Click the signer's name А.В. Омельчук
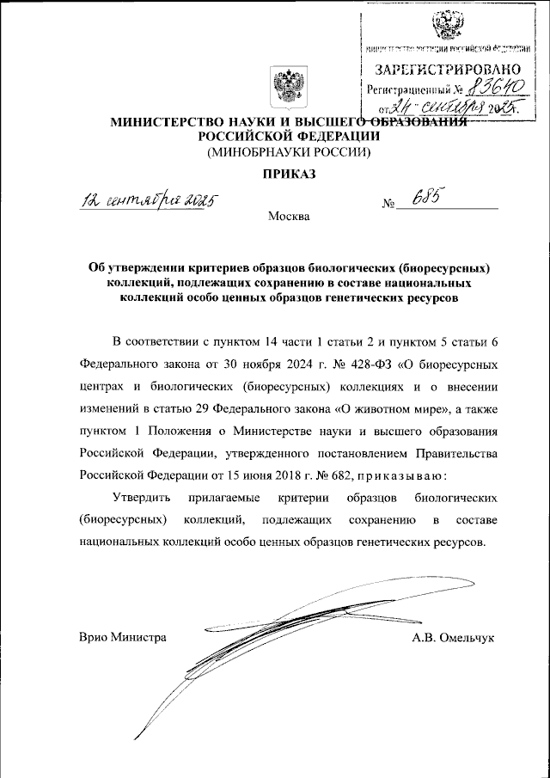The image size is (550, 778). (455, 637)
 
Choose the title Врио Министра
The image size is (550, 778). (121, 637)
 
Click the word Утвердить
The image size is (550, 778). (143, 498)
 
